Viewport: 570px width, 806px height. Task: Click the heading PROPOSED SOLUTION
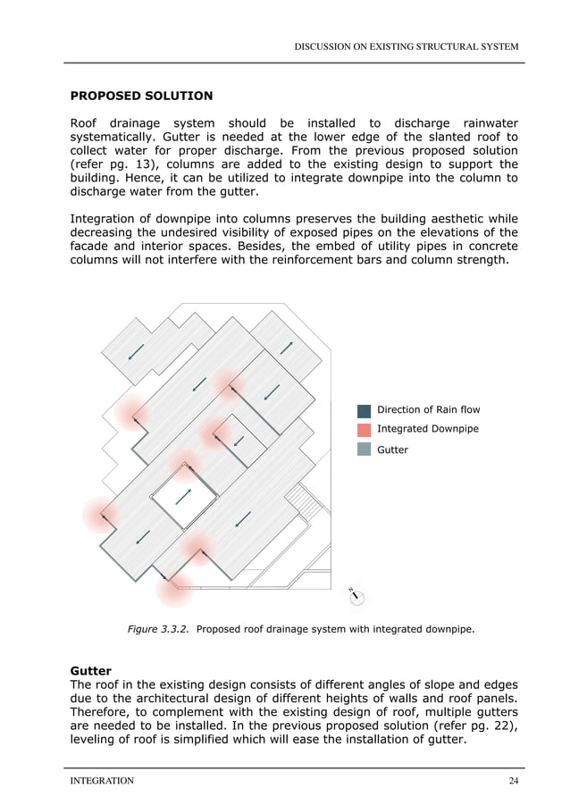[x=141, y=95]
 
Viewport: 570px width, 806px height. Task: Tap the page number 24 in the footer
[x=513, y=781]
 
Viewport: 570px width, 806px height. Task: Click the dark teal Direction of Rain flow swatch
[x=364, y=410]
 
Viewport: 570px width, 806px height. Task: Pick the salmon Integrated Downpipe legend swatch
[x=364, y=430]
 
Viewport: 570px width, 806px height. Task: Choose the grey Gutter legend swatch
[x=364, y=449]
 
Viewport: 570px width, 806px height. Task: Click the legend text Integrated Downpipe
[x=427, y=430]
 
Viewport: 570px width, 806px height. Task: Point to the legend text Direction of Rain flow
[x=428, y=410]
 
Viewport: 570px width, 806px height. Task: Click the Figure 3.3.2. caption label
[x=157, y=629]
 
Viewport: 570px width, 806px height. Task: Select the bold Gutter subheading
[x=90, y=670]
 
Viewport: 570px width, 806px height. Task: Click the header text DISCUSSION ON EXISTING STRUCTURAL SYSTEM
[x=407, y=46]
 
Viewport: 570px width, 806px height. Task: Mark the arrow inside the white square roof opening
[x=183, y=496]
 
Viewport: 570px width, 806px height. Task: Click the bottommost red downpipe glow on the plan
[x=174, y=588]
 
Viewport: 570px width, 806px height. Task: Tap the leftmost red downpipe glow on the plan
[x=101, y=515]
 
